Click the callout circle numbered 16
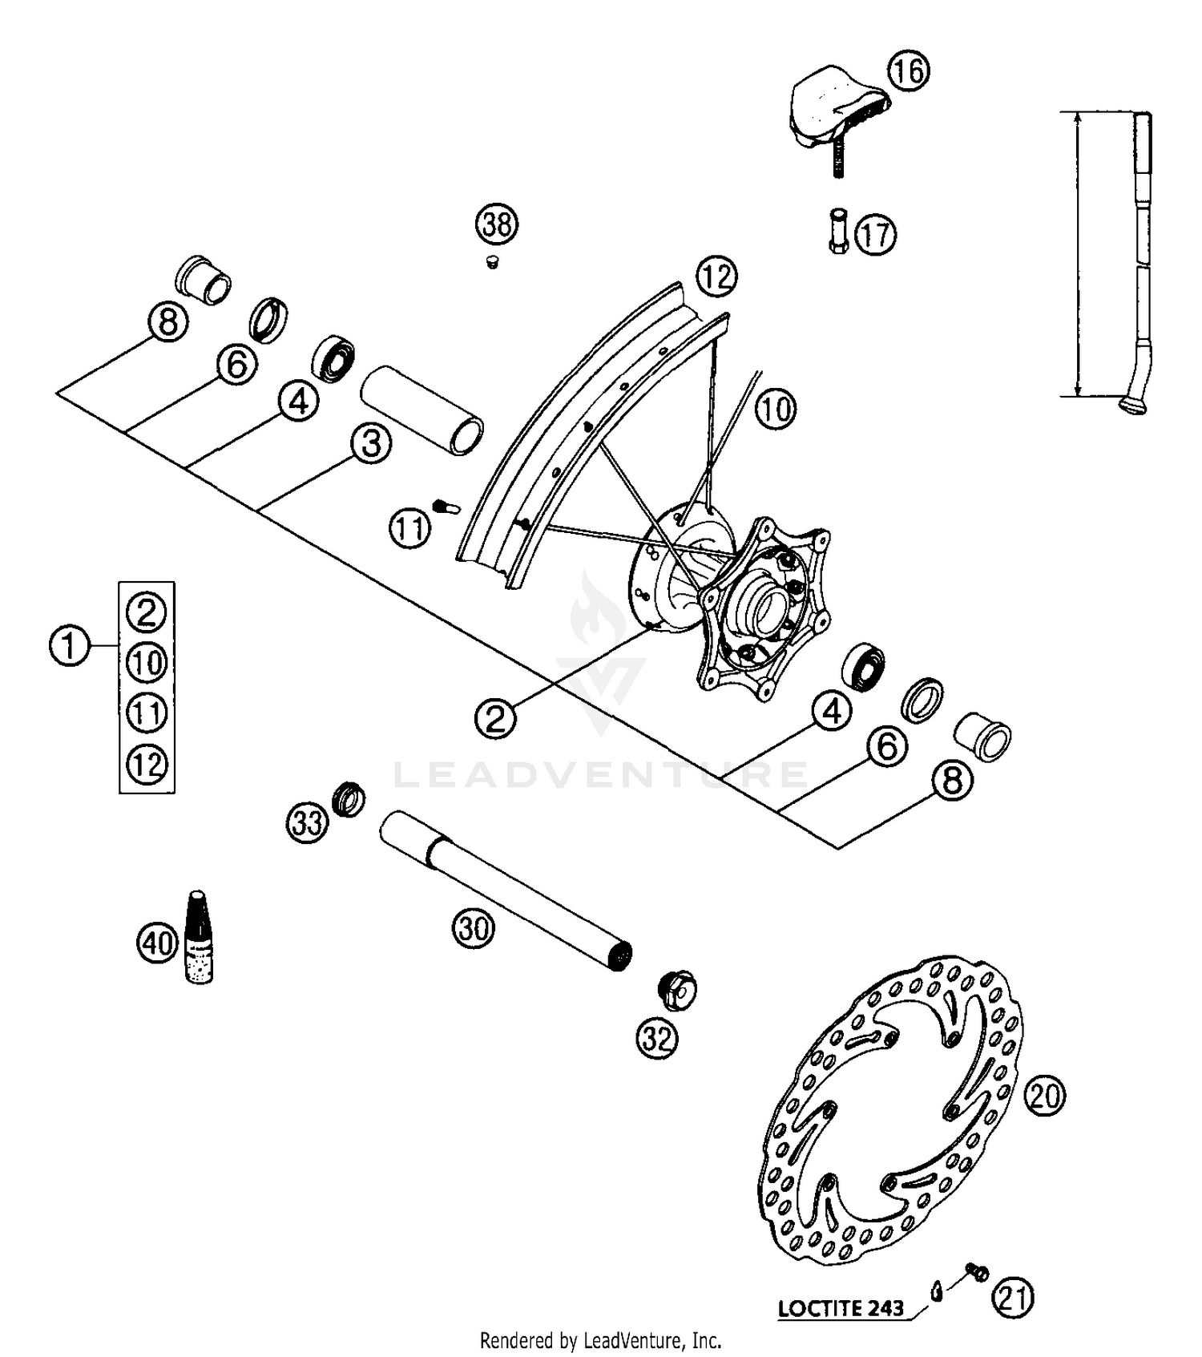pos(908,71)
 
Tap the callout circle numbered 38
pos(497,224)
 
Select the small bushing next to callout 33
pos(349,798)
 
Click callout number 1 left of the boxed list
pos(69,645)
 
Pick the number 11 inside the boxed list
pos(147,713)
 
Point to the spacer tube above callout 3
pos(422,410)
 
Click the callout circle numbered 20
pos(1045,1096)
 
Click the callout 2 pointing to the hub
pos(495,717)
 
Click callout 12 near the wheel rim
pos(716,277)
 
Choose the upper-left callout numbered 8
pos(167,324)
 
